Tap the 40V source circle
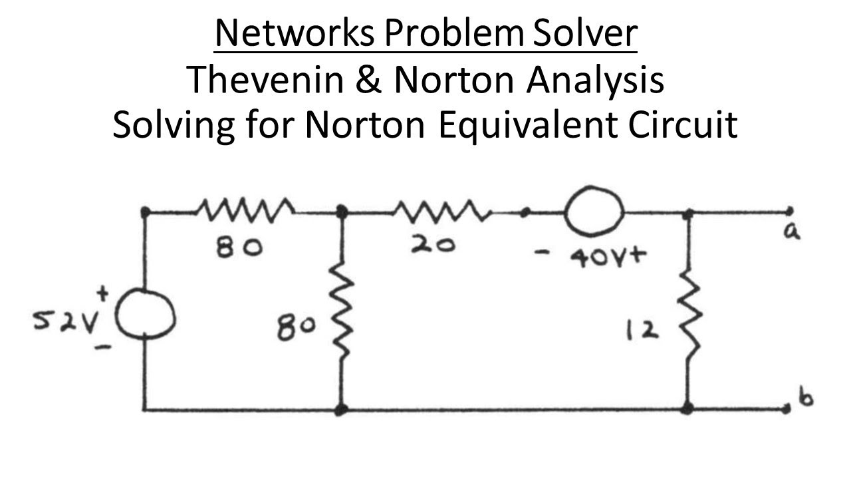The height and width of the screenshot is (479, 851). coord(594,213)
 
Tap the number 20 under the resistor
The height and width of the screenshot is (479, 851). coord(433,245)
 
